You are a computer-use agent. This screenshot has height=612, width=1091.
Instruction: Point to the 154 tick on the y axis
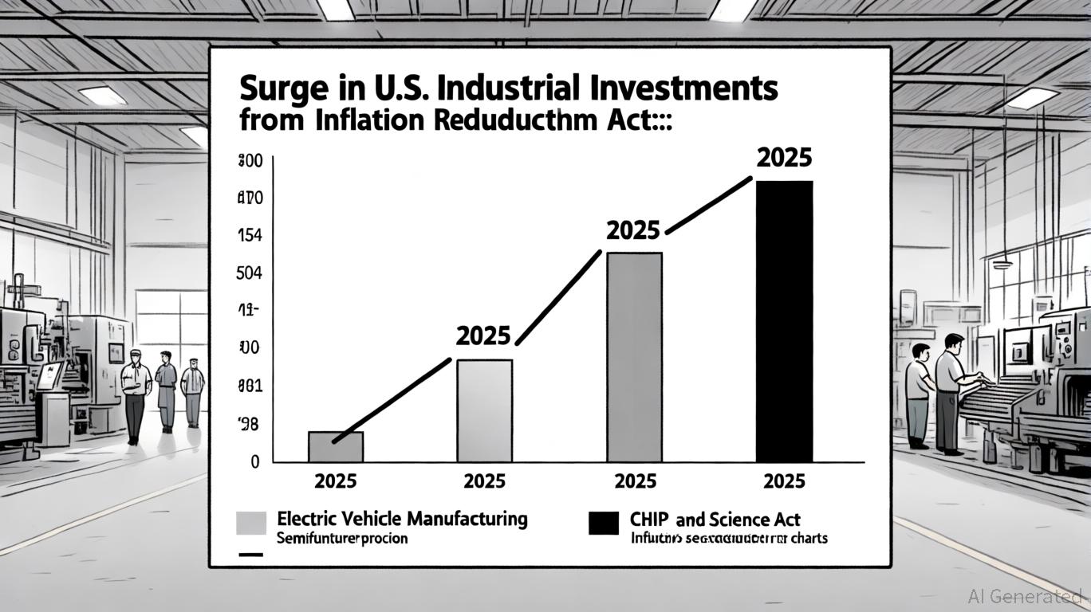coord(250,236)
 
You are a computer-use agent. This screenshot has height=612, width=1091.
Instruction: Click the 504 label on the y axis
coord(250,273)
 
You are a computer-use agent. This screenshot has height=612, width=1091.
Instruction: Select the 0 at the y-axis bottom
coord(254,461)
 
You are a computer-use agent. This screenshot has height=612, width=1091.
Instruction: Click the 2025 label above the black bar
coord(783,158)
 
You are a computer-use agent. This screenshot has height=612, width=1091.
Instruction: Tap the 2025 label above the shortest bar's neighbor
coord(482,335)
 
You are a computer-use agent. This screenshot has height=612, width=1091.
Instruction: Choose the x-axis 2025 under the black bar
coord(783,481)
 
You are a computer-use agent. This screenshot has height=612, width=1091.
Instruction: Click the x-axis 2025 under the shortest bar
coord(336,481)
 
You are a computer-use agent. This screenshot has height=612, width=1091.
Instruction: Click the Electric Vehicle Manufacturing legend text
coord(402,519)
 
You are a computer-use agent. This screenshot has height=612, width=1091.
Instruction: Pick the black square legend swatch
coord(603,524)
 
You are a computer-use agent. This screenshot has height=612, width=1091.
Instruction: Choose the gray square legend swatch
coord(251,523)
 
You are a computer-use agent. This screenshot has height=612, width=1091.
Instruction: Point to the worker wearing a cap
coord(136,394)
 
